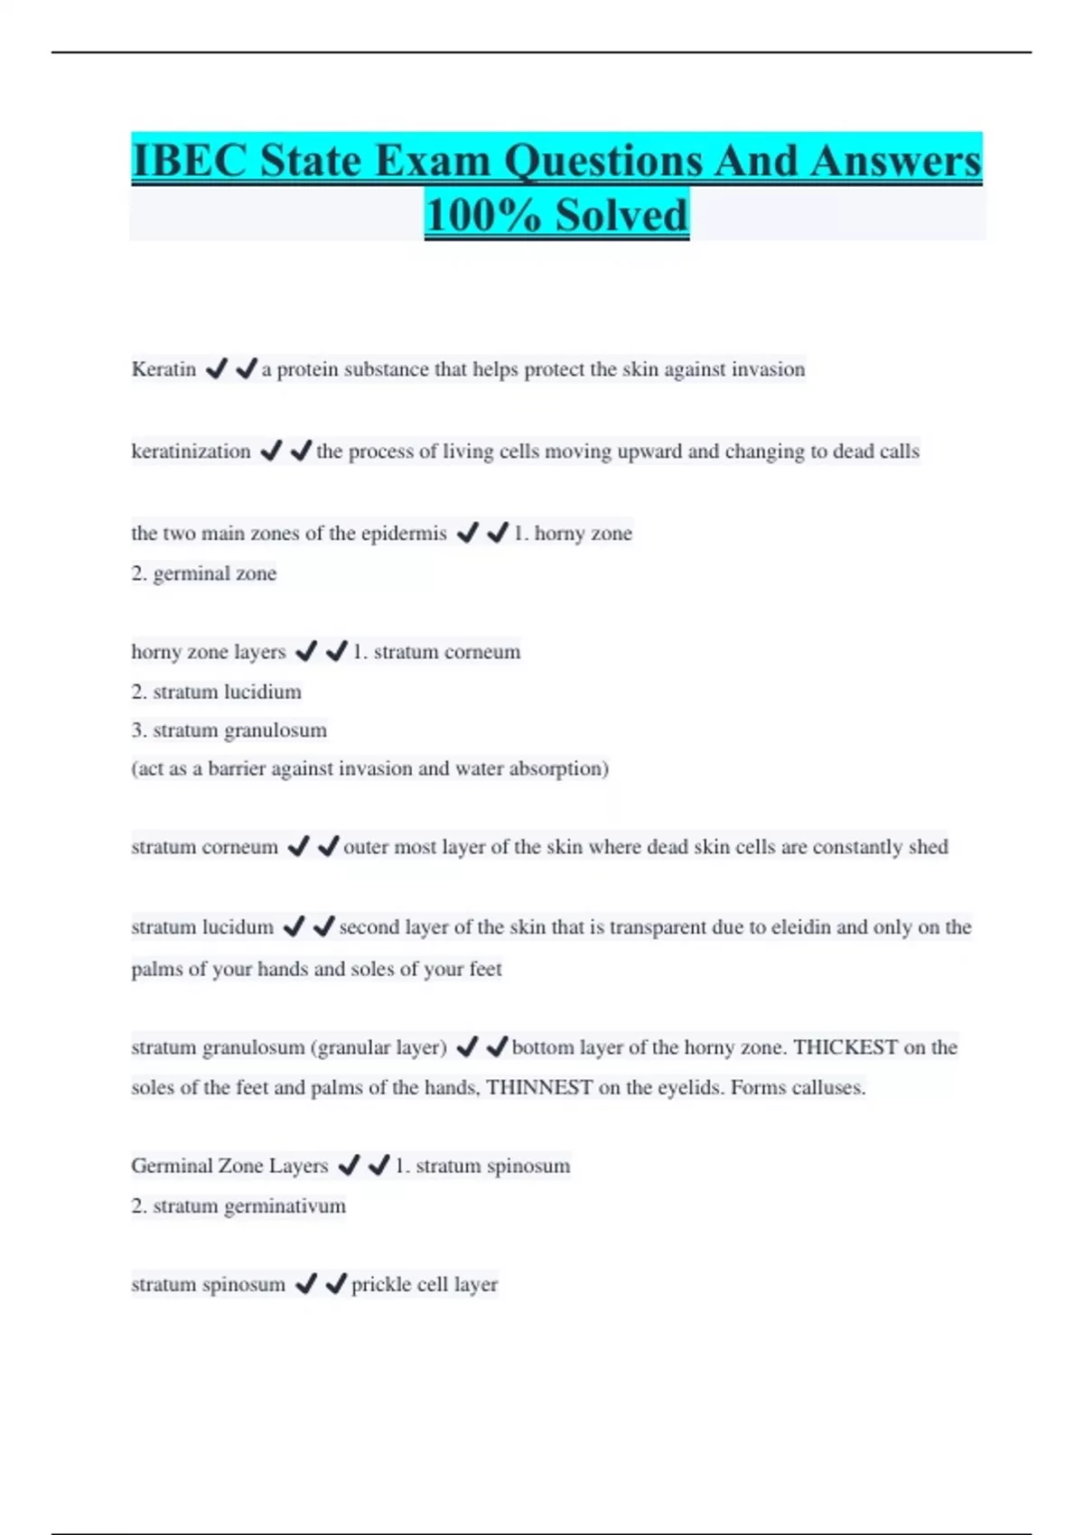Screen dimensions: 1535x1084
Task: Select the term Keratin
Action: (x=164, y=369)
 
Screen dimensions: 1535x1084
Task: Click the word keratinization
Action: (x=191, y=451)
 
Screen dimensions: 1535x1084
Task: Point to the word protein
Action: (x=308, y=369)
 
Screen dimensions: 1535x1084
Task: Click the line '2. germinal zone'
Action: (x=204, y=573)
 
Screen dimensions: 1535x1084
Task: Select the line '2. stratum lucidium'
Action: (x=217, y=692)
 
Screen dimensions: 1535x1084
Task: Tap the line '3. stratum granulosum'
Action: (x=229, y=730)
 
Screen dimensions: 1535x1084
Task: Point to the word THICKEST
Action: (x=846, y=1047)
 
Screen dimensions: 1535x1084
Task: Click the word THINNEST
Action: (x=539, y=1087)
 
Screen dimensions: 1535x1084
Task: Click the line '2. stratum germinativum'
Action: (x=238, y=1206)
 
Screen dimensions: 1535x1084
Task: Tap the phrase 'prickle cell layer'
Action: (x=425, y=1285)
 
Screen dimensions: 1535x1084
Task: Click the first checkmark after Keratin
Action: (x=216, y=369)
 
